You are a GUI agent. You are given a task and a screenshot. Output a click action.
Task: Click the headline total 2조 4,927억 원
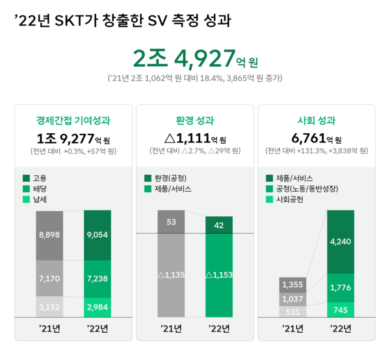(195, 60)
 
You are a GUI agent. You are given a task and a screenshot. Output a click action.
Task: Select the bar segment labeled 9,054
(97, 235)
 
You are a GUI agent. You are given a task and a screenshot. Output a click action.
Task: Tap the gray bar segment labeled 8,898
(49, 235)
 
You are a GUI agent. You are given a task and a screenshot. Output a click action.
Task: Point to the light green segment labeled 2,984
(97, 307)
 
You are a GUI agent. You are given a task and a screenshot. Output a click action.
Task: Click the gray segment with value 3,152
(49, 307)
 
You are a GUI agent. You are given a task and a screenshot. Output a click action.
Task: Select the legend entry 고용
(40, 178)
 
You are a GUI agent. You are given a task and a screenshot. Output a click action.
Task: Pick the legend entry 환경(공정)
(171, 178)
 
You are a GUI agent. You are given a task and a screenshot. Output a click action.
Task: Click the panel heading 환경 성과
(195, 120)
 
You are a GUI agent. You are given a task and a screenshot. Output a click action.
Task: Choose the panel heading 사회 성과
(317, 120)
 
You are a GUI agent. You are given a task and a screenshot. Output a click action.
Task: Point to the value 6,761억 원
(317, 138)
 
